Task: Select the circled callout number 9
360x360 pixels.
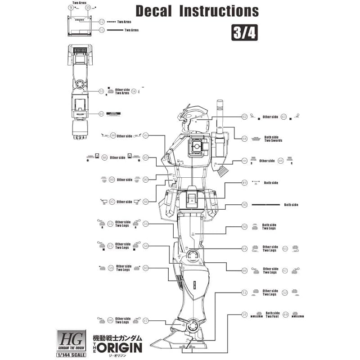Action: (x=71, y=7)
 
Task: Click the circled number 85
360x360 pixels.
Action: (x=145, y=157)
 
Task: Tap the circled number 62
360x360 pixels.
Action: (x=244, y=117)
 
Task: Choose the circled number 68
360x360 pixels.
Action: (x=244, y=139)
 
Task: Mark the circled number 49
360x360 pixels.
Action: (x=244, y=183)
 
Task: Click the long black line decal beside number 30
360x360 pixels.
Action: (x=266, y=205)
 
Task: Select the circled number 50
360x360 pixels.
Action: (x=244, y=227)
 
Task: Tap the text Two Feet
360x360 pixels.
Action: (x=273, y=317)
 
